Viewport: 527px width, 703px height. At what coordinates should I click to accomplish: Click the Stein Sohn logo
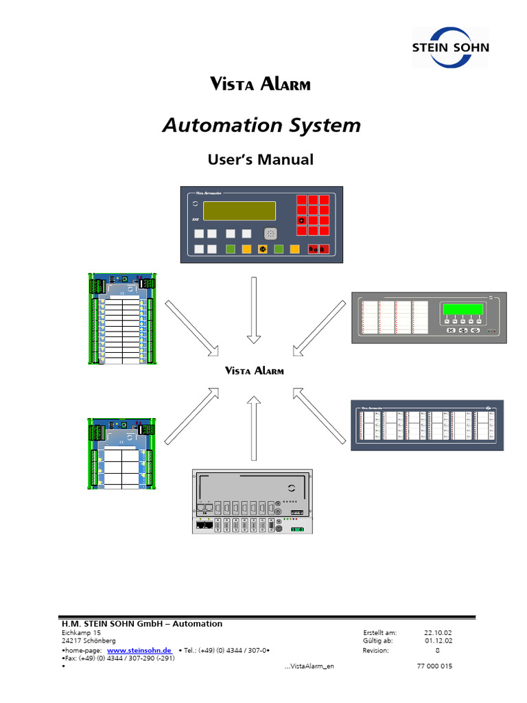(x=450, y=47)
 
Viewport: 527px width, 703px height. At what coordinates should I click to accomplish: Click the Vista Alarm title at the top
(x=259, y=84)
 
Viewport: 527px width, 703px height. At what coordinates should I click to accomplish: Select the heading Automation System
(x=261, y=126)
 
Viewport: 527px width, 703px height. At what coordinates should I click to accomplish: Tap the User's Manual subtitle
(x=260, y=160)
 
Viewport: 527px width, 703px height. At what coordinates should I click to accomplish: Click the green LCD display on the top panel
(x=239, y=210)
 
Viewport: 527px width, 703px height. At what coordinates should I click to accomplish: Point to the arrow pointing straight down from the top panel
(x=254, y=309)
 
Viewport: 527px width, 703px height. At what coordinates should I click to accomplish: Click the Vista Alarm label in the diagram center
(x=255, y=371)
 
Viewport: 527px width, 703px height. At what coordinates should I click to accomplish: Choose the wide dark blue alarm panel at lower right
(x=428, y=425)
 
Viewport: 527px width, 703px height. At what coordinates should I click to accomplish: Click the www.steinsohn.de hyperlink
(x=139, y=649)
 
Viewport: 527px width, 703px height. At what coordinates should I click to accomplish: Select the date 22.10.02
(x=438, y=632)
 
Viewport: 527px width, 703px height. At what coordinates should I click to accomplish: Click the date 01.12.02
(x=438, y=641)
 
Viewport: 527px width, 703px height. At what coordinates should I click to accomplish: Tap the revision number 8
(x=437, y=649)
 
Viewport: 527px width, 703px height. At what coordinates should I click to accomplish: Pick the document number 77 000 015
(x=434, y=667)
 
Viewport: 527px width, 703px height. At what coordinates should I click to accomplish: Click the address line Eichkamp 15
(x=81, y=632)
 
